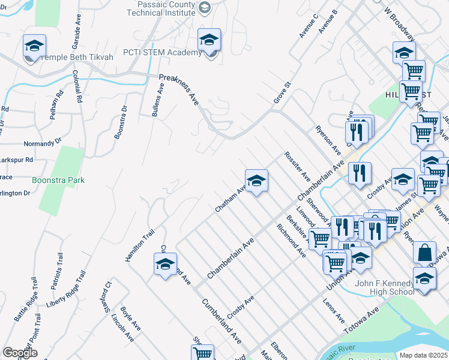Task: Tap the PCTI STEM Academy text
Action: coord(162,53)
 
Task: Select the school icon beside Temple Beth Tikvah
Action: coord(35,46)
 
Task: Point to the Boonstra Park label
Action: coord(58,180)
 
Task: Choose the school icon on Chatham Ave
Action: coord(256,181)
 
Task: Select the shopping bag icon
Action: coord(424,253)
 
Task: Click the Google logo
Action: coord(20,352)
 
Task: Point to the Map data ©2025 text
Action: coord(423,355)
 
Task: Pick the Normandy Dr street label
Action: coord(43,143)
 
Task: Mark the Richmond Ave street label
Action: coord(291,241)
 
